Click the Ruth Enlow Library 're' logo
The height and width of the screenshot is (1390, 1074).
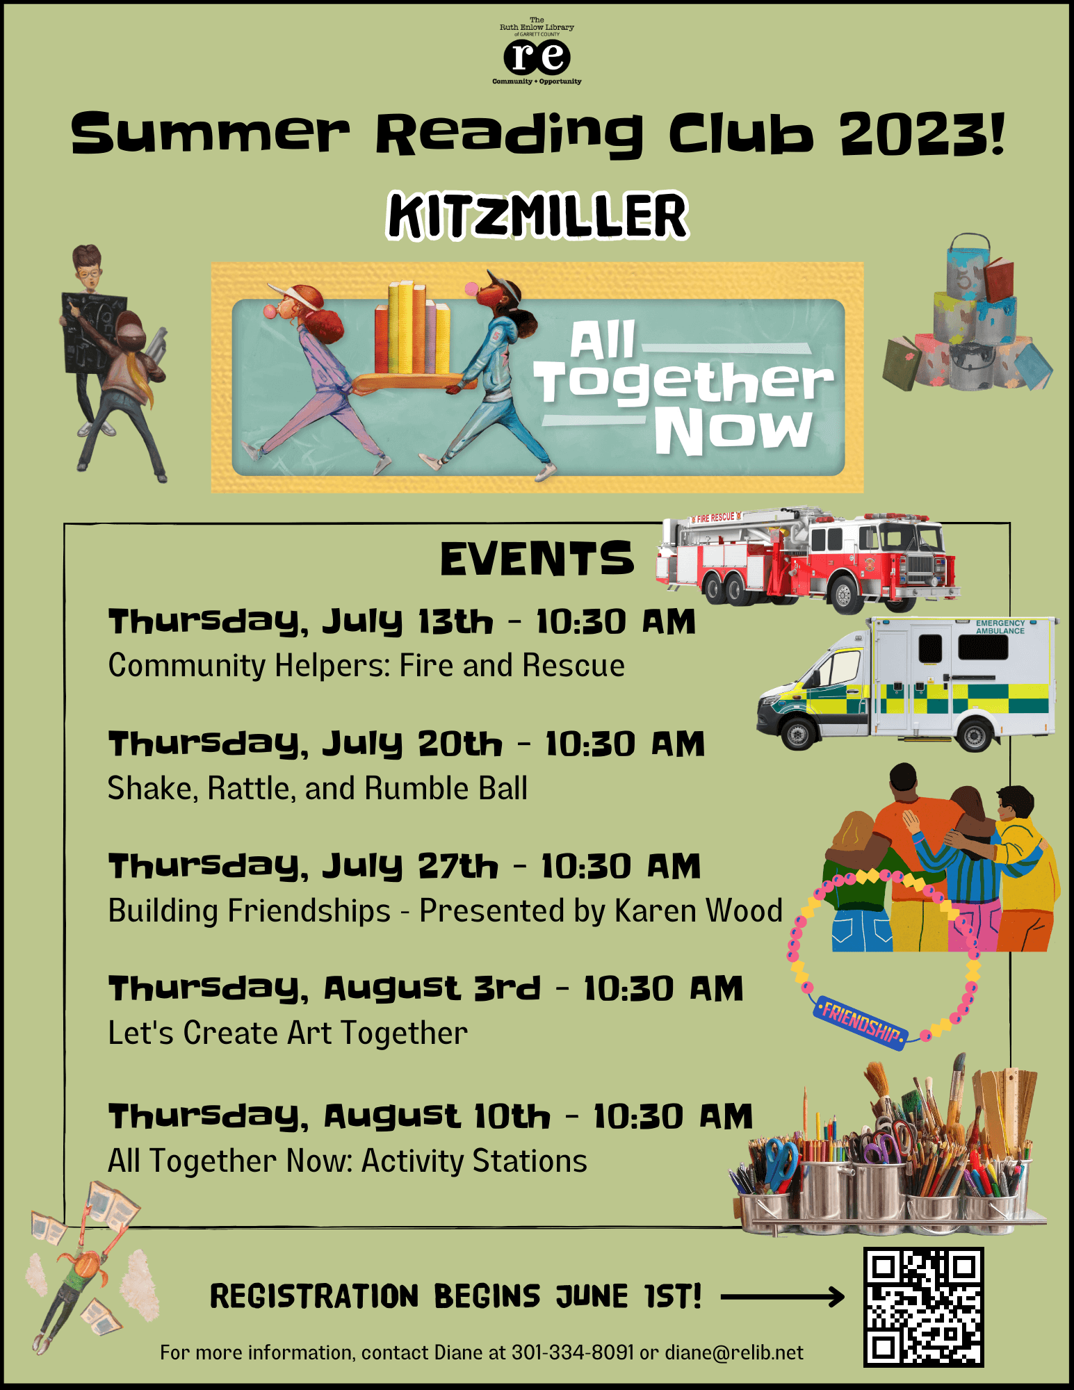click(x=537, y=57)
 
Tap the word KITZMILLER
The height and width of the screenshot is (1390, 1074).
click(x=537, y=216)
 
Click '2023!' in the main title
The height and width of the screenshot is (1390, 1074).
click(x=922, y=133)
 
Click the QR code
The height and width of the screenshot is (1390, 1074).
click(x=923, y=1307)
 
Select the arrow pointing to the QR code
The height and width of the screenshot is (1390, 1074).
click(x=782, y=1296)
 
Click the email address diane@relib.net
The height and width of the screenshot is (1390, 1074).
click(x=734, y=1352)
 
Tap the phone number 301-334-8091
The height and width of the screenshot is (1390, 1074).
click(x=573, y=1352)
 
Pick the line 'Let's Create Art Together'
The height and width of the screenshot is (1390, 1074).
click(x=288, y=1033)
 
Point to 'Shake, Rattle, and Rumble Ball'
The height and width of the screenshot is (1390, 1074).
click(x=318, y=789)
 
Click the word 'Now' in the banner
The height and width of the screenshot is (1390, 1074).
click(x=733, y=430)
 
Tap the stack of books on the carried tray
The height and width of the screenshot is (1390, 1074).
click(x=412, y=327)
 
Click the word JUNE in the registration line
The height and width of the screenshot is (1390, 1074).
click(x=591, y=1297)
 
